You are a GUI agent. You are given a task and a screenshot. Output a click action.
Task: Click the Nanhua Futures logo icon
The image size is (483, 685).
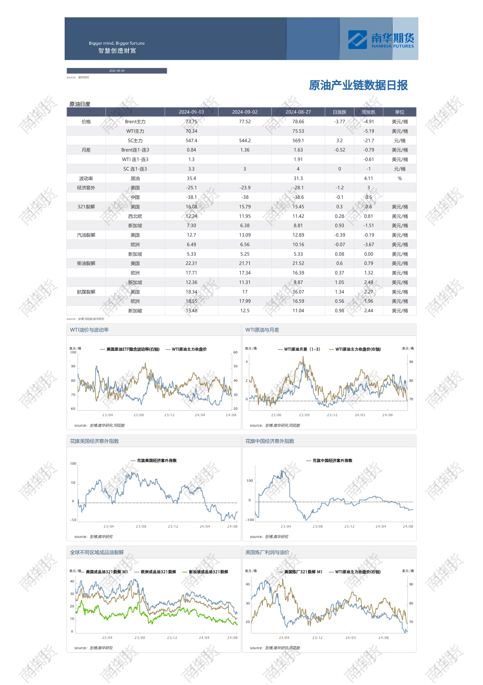coord(357,40)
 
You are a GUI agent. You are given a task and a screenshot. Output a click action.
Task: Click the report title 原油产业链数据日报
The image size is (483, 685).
coord(358,85)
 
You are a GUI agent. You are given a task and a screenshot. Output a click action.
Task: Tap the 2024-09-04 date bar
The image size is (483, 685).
coord(117,71)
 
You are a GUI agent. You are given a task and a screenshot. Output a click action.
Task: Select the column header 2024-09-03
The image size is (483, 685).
coord(191,112)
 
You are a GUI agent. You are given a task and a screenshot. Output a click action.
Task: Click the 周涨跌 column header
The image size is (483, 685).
coord(368,112)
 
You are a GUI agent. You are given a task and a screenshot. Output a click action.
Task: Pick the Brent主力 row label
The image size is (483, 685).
coord(135,122)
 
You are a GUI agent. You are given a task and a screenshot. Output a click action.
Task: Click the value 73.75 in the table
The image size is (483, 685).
coord(191,122)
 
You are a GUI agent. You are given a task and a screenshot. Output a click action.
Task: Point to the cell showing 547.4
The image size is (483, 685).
coord(191,141)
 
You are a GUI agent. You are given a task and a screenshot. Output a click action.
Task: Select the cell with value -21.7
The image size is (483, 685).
coord(368,141)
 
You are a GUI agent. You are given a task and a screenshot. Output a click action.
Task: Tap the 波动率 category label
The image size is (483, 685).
coord(86,178)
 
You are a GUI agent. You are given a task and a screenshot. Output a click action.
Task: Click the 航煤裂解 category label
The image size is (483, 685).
coord(86,292)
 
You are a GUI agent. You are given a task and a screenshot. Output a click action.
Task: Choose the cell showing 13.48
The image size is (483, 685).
coord(191,311)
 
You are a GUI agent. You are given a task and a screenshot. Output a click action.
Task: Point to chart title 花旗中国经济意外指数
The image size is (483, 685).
coord(270,441)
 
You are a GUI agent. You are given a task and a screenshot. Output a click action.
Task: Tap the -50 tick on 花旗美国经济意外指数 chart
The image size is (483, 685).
coord(73,520)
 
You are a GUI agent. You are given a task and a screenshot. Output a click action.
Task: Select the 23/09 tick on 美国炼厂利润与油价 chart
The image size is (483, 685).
coord(284,638)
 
